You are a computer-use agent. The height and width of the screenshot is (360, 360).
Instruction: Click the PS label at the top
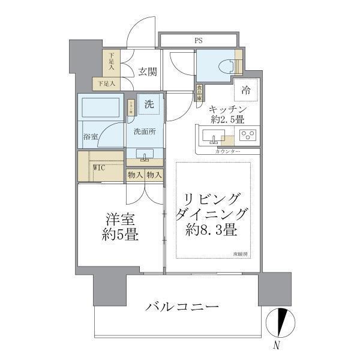click(x=197, y=41)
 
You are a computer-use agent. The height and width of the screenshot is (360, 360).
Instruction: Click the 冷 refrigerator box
click(x=246, y=90)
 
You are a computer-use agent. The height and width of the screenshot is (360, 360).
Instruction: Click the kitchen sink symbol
click(x=213, y=137)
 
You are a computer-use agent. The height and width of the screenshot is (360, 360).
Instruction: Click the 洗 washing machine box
click(x=149, y=104)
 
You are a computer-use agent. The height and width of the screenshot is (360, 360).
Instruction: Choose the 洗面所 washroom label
click(x=144, y=131)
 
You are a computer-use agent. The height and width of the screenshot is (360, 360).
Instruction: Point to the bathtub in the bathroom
click(x=100, y=108)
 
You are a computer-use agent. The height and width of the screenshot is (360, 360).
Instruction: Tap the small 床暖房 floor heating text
click(x=241, y=256)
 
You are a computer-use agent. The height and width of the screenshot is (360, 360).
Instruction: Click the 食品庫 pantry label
click(x=199, y=92)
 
